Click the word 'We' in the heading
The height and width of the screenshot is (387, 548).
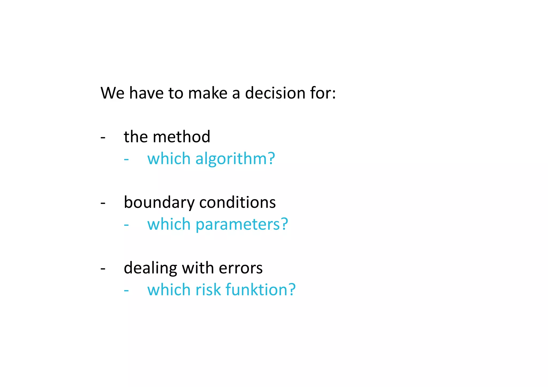[x=112, y=93]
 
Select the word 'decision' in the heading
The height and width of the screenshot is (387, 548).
[x=275, y=93]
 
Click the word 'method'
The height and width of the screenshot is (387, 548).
[x=181, y=137]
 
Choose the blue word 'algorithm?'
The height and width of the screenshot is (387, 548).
[x=235, y=159]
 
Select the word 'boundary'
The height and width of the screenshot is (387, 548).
[x=159, y=202]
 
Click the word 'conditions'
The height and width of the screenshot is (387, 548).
[x=237, y=202]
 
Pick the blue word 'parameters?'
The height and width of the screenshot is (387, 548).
[x=242, y=224]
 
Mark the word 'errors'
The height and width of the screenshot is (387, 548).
[x=241, y=268]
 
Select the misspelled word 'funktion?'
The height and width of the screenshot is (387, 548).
[x=260, y=290]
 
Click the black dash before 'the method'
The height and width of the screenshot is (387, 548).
[x=103, y=138]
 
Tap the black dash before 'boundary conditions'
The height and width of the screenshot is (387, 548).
[x=103, y=203]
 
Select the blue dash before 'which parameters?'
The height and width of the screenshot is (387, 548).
[x=126, y=225]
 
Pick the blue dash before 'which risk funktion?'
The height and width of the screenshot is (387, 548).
[x=126, y=291]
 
